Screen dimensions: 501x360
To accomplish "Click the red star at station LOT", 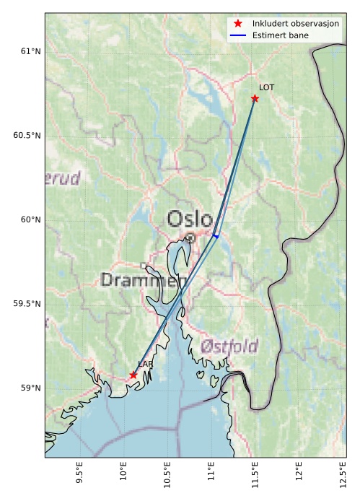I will coord(255,98).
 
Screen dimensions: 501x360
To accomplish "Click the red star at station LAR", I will coord(133,375).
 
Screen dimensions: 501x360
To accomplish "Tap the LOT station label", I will coord(267,87).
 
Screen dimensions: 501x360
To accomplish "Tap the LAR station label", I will coord(146,365).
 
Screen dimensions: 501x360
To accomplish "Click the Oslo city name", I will coord(190,219).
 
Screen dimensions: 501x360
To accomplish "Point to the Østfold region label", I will coord(230,346).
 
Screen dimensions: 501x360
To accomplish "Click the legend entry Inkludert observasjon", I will coord(295,24).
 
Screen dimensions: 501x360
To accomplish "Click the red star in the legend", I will coord(238,24).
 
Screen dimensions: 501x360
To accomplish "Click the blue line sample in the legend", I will coord(238,34).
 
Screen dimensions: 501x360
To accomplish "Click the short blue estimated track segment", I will coord(216,236).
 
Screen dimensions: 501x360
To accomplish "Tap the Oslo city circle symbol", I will coord(190,237).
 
